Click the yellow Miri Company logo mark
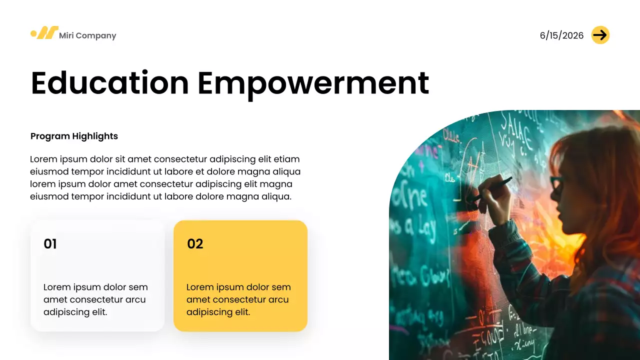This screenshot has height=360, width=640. point(44,33)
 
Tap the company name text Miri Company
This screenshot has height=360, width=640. point(87,35)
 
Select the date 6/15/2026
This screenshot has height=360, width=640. point(561,35)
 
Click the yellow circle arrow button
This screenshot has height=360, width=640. point(600,35)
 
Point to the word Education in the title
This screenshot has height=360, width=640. point(110,83)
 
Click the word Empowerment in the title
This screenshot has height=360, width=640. point(313,83)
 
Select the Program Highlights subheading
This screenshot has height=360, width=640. point(74,136)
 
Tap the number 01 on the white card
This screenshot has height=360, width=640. point(50,244)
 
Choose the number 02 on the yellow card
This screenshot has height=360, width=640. point(195,244)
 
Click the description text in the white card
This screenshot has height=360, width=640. point(95,299)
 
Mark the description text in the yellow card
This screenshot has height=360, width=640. point(238,299)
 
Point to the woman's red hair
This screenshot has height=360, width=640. point(600,165)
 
